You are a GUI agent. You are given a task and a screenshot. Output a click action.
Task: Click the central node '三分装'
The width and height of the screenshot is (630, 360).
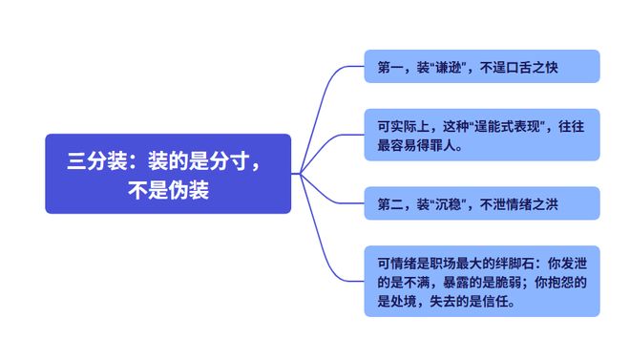[167, 174]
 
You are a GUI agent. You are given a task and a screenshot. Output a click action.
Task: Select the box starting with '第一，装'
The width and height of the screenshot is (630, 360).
[482, 67]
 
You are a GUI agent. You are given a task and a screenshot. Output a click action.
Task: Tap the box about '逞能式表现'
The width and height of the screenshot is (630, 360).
[482, 135]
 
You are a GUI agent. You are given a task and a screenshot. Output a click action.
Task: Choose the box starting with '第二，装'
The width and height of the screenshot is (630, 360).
[482, 203]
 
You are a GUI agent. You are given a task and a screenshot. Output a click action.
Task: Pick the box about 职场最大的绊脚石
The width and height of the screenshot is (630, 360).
[482, 282]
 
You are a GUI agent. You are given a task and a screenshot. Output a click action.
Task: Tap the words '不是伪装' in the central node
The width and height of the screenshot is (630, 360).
[167, 189]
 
